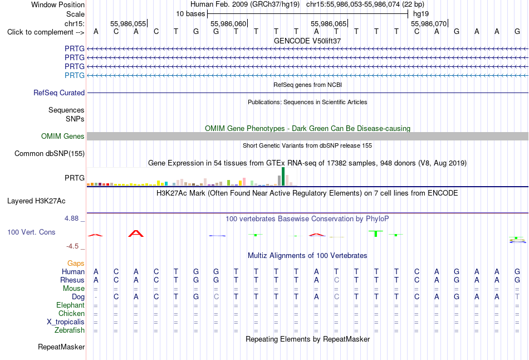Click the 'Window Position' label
click(x=58, y=4)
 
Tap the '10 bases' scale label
click(x=190, y=14)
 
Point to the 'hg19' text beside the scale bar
click(x=421, y=14)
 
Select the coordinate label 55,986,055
click(x=128, y=23)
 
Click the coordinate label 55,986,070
click(x=429, y=23)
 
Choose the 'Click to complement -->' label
click(x=46, y=32)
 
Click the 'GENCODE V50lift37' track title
click(x=307, y=41)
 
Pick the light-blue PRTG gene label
click(x=75, y=75)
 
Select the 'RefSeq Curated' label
click(x=59, y=93)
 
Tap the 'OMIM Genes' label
click(x=63, y=136)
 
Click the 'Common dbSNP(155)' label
click(x=50, y=153)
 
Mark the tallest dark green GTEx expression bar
click(x=283, y=176)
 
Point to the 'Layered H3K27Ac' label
click(x=36, y=201)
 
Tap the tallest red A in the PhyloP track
click(x=136, y=233)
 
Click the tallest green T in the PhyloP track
click(x=376, y=233)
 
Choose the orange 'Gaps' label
click(x=76, y=263)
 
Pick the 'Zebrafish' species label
click(x=70, y=330)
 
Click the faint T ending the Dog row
click(x=517, y=296)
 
